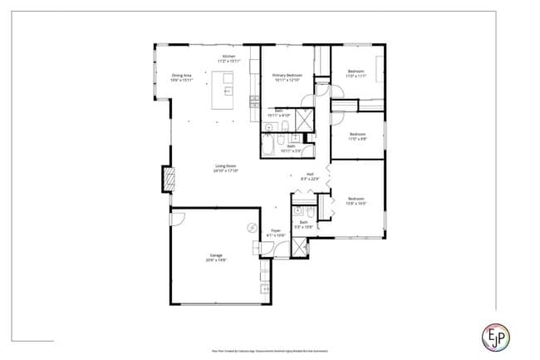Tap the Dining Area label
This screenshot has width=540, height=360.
tap(182, 78)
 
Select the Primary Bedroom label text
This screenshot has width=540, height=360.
tap(287, 78)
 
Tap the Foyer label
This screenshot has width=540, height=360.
tap(275, 234)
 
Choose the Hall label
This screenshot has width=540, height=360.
tap(309, 176)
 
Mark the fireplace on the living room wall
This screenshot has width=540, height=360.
tap(169, 179)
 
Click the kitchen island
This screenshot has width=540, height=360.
tap(224, 89)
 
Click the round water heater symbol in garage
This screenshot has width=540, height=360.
tap(252, 227)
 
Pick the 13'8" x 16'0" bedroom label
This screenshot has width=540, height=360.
tap(356, 200)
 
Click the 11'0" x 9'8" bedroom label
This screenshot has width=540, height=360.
tap(358, 136)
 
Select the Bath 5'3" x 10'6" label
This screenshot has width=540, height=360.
tap(304, 224)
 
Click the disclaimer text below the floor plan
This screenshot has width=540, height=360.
tap(270, 351)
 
